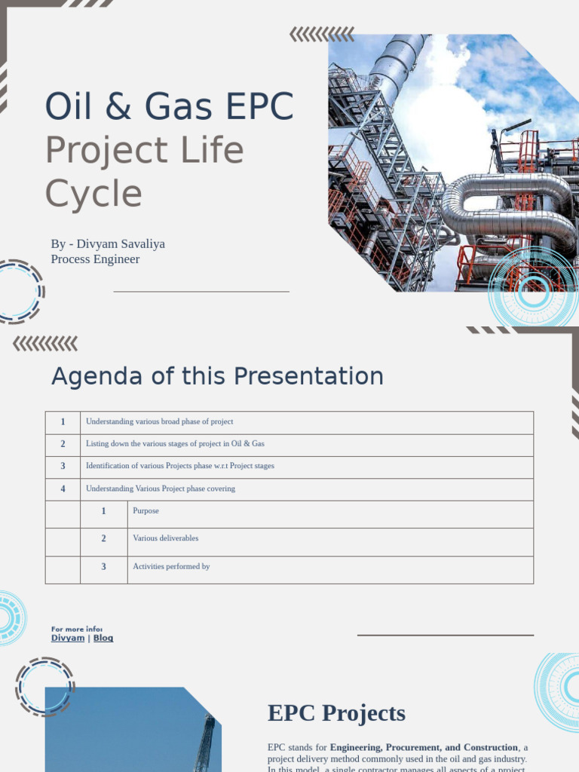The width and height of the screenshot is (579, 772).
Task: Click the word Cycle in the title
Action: coord(93,194)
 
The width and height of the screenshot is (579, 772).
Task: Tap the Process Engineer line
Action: coord(95,259)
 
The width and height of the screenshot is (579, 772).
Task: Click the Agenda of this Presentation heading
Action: coord(217,376)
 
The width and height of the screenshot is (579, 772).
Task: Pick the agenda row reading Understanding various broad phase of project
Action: coord(160,422)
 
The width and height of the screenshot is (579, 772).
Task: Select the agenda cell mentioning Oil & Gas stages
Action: coord(175,444)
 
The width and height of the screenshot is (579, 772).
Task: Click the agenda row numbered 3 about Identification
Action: coord(180,466)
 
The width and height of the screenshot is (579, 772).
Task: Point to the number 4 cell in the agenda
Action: coord(63,489)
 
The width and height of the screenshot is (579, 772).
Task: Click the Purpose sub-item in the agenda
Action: coord(146,511)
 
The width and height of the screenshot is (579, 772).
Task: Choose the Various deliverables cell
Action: coord(166,538)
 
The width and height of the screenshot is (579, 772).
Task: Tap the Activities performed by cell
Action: coord(171,566)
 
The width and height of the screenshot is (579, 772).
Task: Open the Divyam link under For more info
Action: coord(68,638)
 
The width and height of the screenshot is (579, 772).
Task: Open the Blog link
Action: coord(103,638)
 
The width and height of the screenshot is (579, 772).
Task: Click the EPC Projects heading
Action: coord(336,713)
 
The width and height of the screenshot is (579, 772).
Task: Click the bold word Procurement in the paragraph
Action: coord(413,747)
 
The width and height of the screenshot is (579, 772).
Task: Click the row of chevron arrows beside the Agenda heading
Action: coord(45,344)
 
